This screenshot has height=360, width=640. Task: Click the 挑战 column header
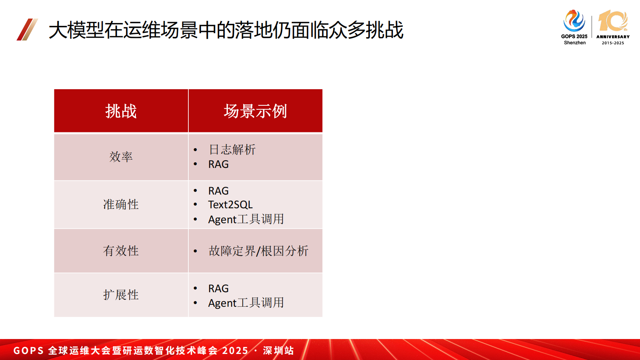(121, 111)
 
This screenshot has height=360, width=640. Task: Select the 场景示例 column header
(255, 111)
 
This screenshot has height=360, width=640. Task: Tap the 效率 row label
(121, 157)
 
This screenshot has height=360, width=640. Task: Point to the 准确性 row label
(121, 205)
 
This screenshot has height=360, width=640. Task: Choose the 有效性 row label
(121, 251)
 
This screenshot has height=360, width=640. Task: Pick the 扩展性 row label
(121, 295)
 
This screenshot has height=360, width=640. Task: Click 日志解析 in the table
(232, 150)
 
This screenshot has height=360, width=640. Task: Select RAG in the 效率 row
(218, 164)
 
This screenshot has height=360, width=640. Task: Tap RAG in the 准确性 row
(218, 190)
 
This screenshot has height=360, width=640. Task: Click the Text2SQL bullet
(230, 205)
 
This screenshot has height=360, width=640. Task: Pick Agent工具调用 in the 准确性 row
(246, 219)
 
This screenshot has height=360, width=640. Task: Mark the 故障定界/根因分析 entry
(259, 251)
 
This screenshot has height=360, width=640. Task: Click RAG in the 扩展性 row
(218, 289)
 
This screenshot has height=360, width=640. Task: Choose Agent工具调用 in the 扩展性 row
(246, 303)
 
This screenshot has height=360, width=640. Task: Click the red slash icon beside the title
(27, 29)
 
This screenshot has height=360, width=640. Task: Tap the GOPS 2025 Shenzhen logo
(574, 27)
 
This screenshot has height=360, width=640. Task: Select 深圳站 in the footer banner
(278, 350)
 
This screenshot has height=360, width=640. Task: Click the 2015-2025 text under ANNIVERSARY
(613, 43)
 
